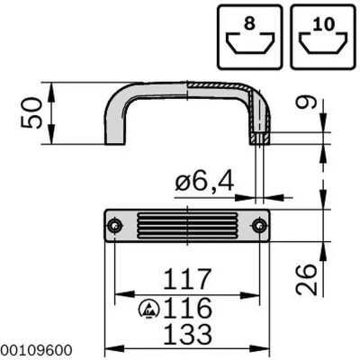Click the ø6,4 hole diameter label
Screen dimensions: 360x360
205,183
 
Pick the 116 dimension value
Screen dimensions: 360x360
191,308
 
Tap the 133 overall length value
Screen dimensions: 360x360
185,336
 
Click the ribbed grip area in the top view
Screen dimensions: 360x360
185,226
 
